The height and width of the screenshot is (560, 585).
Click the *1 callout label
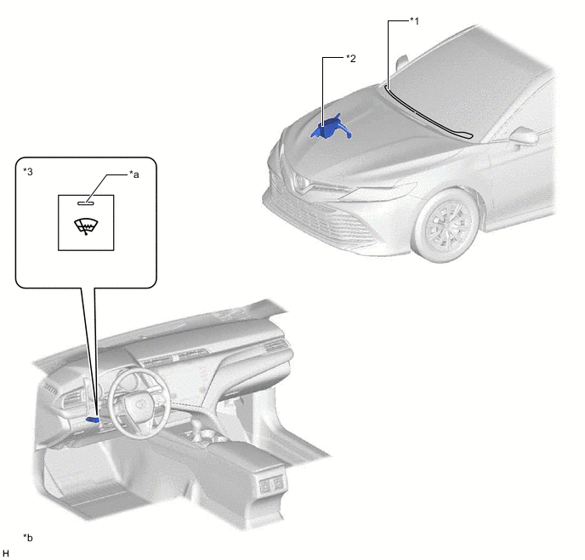click(x=414, y=21)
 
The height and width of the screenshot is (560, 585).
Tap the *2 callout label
click(x=350, y=58)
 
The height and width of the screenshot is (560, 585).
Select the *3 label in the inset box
click(x=28, y=171)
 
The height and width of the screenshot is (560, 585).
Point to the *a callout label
click(x=134, y=174)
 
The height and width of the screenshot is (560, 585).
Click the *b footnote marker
click(x=28, y=538)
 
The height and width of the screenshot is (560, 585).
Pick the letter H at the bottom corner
click(x=6, y=553)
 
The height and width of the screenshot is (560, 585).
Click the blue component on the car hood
click(x=331, y=128)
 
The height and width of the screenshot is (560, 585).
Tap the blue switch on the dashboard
click(x=93, y=420)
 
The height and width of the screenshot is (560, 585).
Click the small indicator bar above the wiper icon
click(x=86, y=203)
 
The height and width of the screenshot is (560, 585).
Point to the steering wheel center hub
click(x=140, y=403)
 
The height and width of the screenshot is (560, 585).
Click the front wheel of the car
click(x=447, y=226)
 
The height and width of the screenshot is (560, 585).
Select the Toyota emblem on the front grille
click(x=299, y=181)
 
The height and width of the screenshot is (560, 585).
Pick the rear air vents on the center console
click(x=271, y=484)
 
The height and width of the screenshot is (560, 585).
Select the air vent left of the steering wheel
click(x=71, y=402)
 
